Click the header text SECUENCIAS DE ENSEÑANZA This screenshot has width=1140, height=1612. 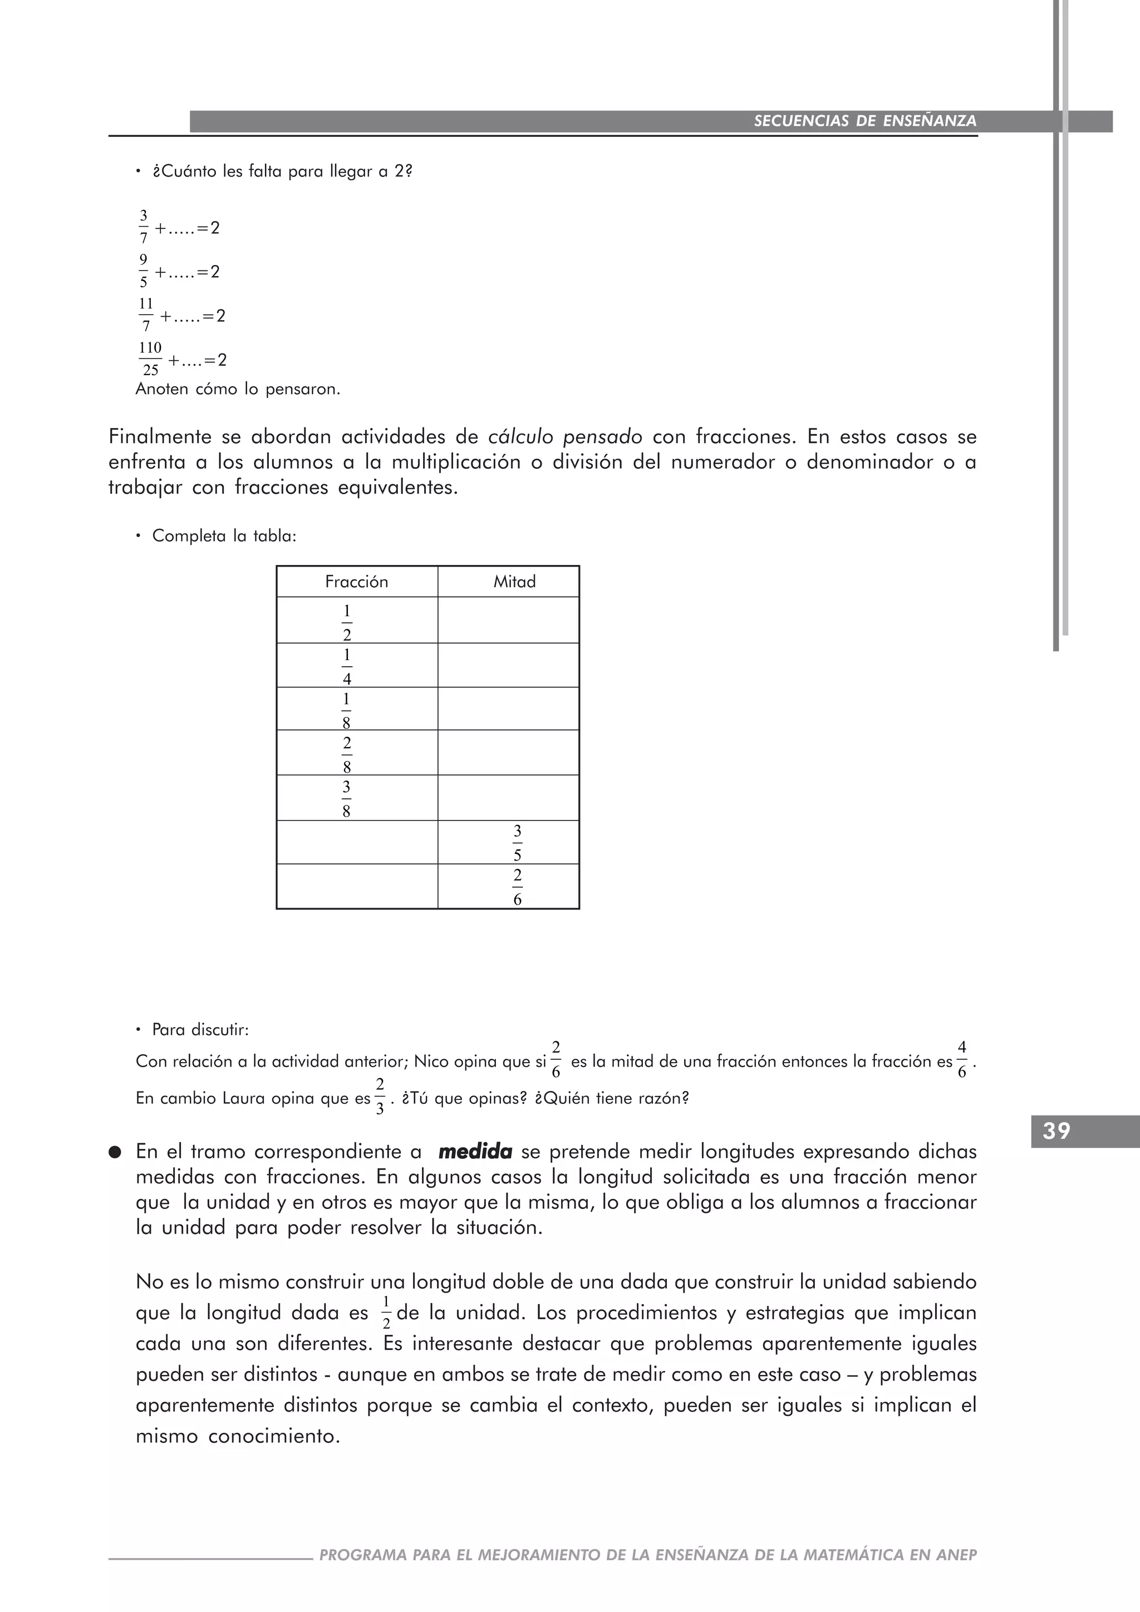(x=865, y=121)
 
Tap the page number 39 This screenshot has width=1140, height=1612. (x=1057, y=1131)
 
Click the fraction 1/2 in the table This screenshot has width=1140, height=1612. (x=347, y=623)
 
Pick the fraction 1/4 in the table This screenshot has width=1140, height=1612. (x=347, y=666)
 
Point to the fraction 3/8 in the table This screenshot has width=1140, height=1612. (x=346, y=799)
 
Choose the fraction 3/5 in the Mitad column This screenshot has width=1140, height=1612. (x=517, y=843)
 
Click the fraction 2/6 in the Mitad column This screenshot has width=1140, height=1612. (x=517, y=887)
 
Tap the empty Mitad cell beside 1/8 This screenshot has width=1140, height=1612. (x=508, y=709)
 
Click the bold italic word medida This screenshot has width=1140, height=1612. (x=474, y=1152)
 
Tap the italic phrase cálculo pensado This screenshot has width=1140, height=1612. (x=565, y=438)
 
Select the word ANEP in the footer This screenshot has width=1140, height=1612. (x=956, y=1555)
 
